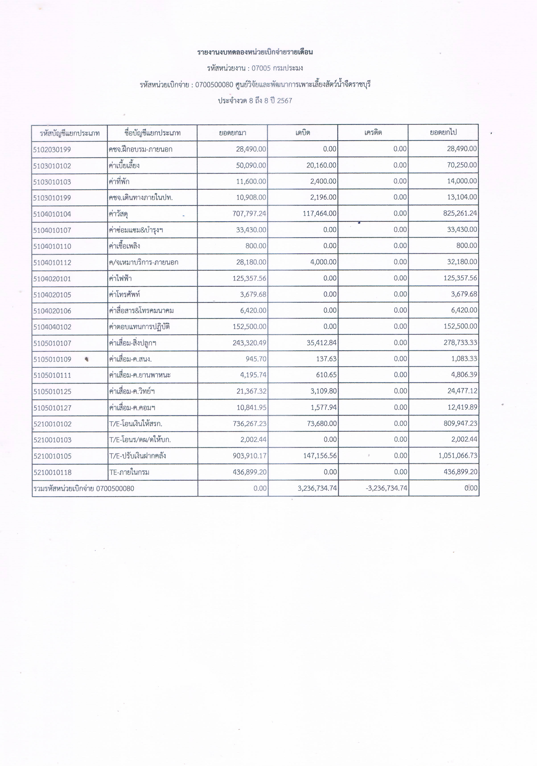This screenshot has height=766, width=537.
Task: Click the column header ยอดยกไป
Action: (x=443, y=132)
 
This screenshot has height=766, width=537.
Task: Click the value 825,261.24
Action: (x=460, y=214)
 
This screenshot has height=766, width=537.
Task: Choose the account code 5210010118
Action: (x=52, y=472)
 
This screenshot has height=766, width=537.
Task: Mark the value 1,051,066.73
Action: (x=458, y=456)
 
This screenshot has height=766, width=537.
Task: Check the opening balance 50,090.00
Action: (x=251, y=165)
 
